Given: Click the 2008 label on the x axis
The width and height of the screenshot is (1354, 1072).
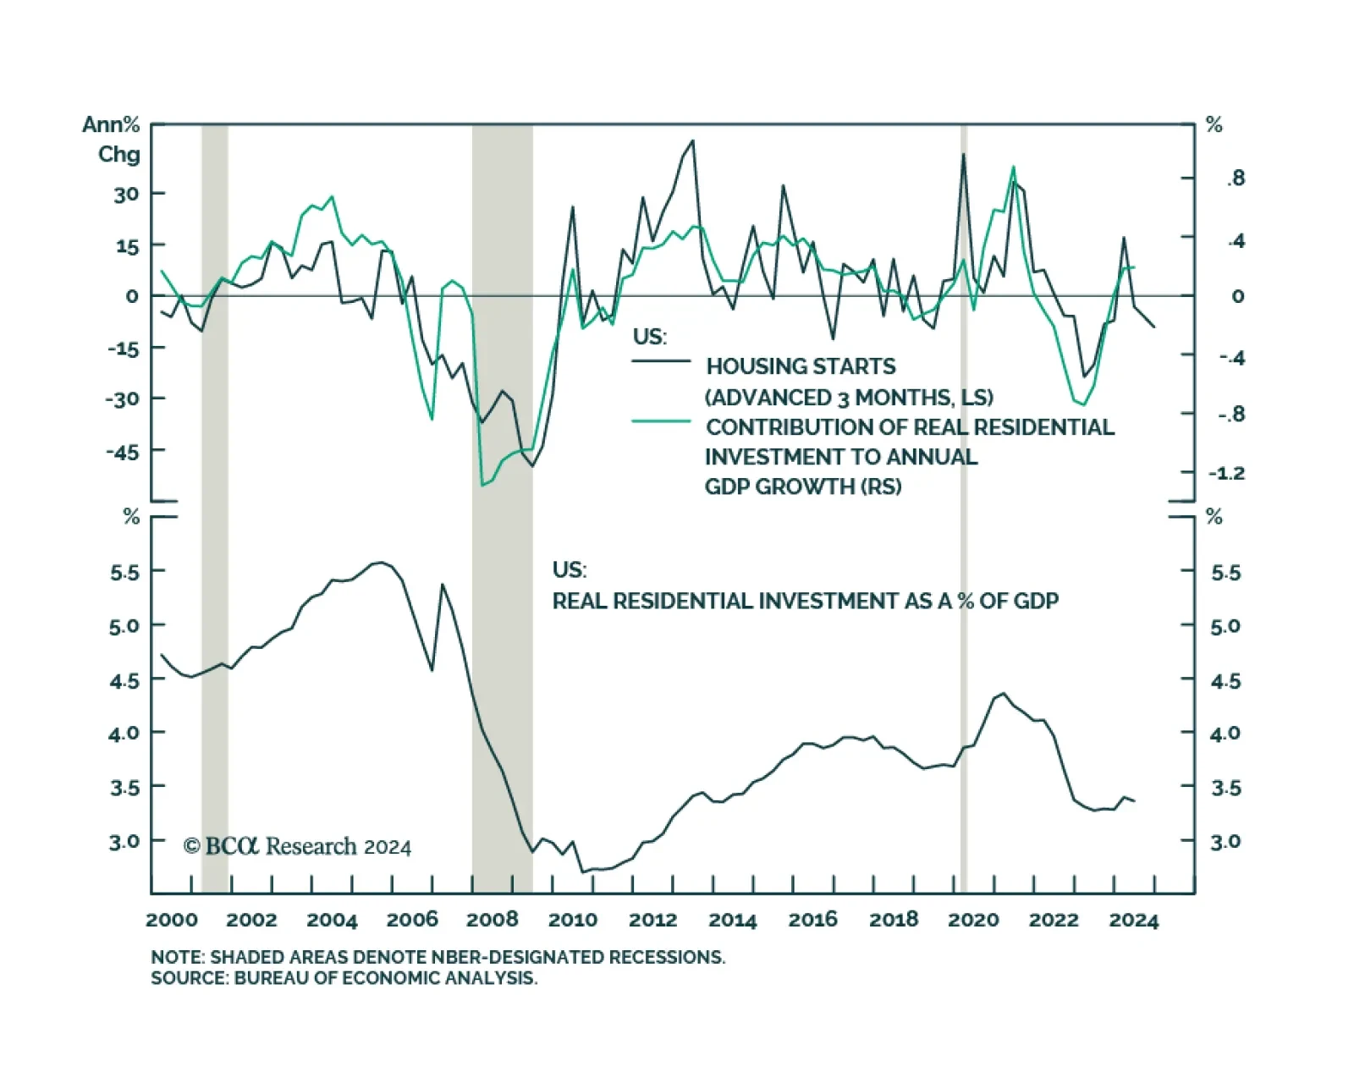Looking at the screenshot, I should pos(493,921).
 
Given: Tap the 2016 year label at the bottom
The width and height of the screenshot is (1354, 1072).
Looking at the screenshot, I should pos(813,921).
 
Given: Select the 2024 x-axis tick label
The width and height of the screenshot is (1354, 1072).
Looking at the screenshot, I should pos(1133,921).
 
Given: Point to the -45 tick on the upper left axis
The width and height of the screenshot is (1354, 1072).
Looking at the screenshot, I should pos(123,452).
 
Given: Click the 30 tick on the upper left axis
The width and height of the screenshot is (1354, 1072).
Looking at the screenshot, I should pos(126,194).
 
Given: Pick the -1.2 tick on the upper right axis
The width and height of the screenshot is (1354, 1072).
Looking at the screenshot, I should pos(1226,473).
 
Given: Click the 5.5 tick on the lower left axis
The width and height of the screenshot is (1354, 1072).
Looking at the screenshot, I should pos(124,573).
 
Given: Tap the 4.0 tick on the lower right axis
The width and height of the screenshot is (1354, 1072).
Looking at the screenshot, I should pos(1225,734).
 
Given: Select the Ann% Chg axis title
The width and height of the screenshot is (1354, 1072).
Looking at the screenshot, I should pos(113,140).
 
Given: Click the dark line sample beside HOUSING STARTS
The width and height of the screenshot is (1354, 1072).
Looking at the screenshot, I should pos(662,361).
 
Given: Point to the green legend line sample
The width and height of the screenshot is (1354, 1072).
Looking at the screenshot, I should pos(662,421).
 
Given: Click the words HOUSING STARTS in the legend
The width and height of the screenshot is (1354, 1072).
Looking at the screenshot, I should pos(801,366).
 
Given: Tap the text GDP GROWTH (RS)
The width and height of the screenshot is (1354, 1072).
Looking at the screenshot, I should pos(803,487).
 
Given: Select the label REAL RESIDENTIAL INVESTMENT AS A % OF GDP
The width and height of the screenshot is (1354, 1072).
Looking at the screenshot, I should pos(805,602).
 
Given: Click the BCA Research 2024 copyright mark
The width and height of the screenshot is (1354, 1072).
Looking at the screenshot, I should pos(297,846).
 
